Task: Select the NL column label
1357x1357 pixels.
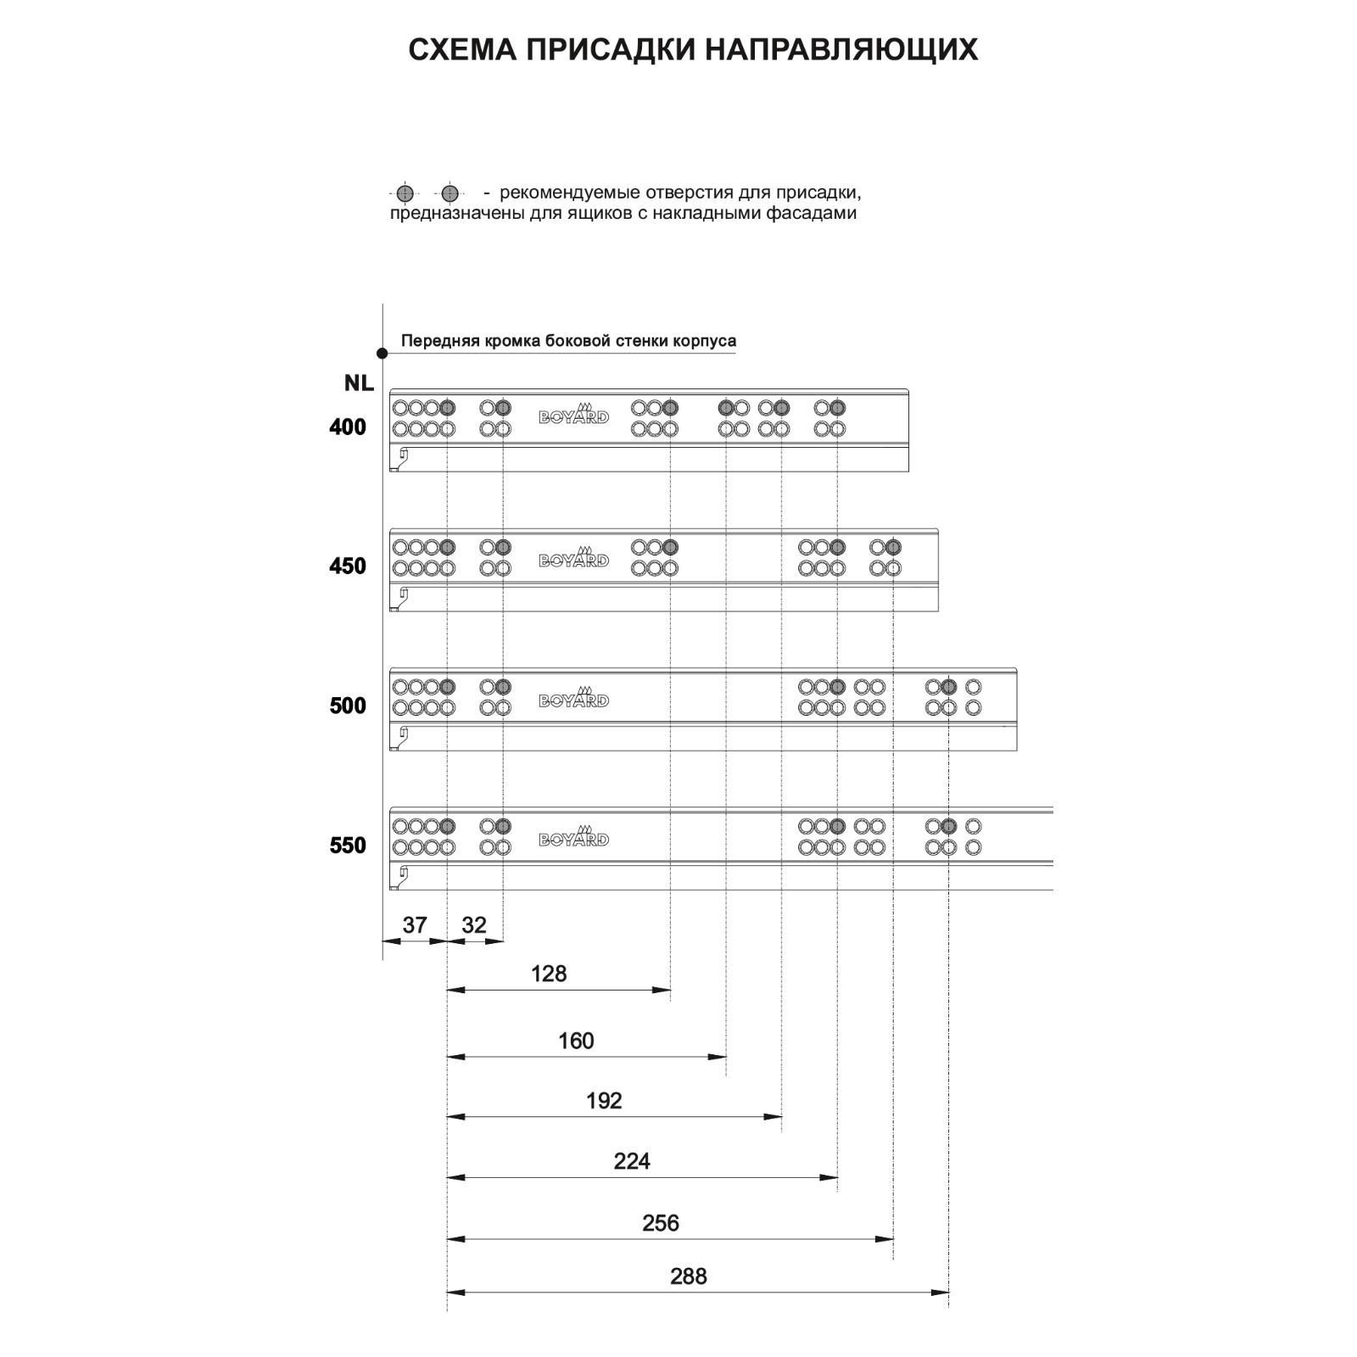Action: coord(359,383)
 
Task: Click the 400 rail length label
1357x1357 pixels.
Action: coord(348,427)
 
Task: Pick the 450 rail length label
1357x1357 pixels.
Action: coord(348,567)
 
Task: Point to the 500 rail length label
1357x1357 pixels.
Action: coord(348,706)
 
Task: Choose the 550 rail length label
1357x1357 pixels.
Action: coord(348,846)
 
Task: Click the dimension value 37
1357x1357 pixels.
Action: coord(414,924)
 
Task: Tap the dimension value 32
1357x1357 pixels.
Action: coord(474,924)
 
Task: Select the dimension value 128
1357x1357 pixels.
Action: coord(549,974)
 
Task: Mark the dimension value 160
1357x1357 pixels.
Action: coord(576,1041)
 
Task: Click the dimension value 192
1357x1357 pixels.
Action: coord(604,1101)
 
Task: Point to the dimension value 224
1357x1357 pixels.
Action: coord(632,1161)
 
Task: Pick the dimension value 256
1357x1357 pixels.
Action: coord(661,1223)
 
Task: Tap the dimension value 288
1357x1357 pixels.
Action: coord(688,1276)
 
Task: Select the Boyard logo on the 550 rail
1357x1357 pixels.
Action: coord(574,837)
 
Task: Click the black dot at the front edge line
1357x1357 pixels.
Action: coord(383,353)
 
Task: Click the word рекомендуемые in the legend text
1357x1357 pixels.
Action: coord(569,193)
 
